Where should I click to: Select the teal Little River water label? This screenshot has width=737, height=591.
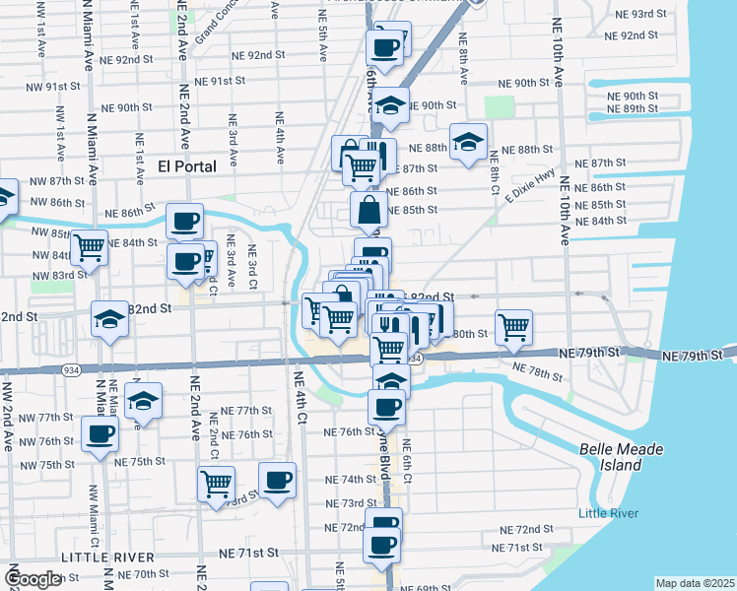(x=608, y=513)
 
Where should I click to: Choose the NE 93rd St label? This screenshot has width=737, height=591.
(x=631, y=14)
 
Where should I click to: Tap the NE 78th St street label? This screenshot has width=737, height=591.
(x=537, y=371)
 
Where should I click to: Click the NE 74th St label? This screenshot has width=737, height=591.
(x=346, y=479)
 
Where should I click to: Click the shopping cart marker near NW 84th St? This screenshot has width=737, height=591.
(x=89, y=246)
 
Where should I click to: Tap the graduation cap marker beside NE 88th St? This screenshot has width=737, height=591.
(x=469, y=140)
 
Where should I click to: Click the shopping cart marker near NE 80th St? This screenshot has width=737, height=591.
(x=513, y=325)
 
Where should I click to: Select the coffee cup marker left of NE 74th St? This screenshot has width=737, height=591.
(x=278, y=480)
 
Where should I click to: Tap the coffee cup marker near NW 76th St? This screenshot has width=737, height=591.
(x=100, y=432)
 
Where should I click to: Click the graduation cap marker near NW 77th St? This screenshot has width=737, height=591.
(x=144, y=400)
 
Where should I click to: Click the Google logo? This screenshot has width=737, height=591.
(x=33, y=579)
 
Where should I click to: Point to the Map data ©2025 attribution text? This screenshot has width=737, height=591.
(x=696, y=583)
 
